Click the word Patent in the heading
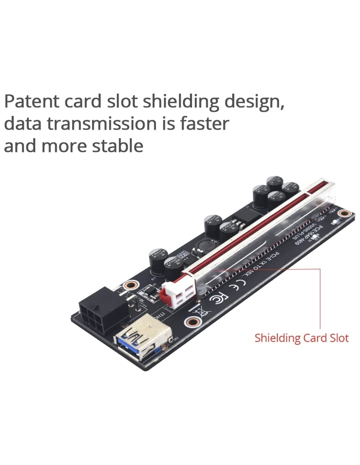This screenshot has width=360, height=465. (32, 101)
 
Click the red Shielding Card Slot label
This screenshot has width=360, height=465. (301, 338)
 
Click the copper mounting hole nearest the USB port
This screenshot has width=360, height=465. (191, 322)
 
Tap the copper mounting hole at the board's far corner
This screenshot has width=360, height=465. (344, 214)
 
